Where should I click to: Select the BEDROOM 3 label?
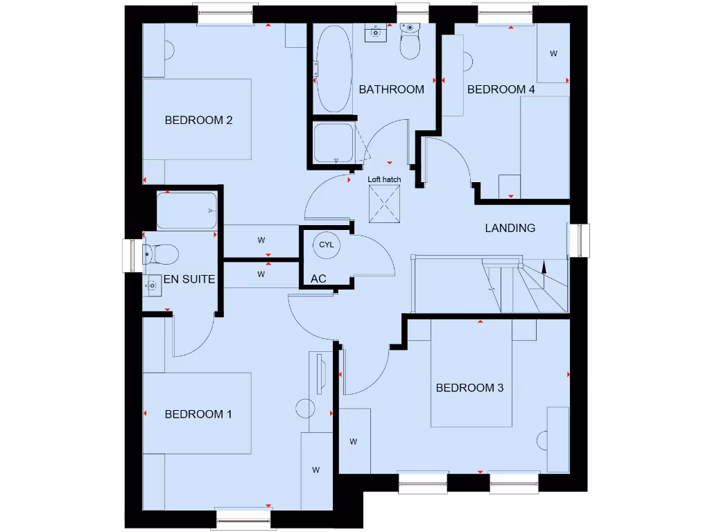(x=469, y=388)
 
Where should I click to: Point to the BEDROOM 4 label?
(x=501, y=89)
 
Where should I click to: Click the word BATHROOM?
(x=391, y=89)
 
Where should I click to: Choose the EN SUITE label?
(x=189, y=280)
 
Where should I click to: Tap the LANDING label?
(x=510, y=228)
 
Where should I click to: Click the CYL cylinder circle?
(x=326, y=245)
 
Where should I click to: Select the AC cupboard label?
(x=318, y=278)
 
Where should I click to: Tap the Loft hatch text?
(x=384, y=180)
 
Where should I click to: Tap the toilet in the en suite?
(x=161, y=254)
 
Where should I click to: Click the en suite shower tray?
(x=186, y=211)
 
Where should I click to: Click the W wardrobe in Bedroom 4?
(x=553, y=53)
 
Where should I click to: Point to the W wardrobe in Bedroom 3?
(x=354, y=441)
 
